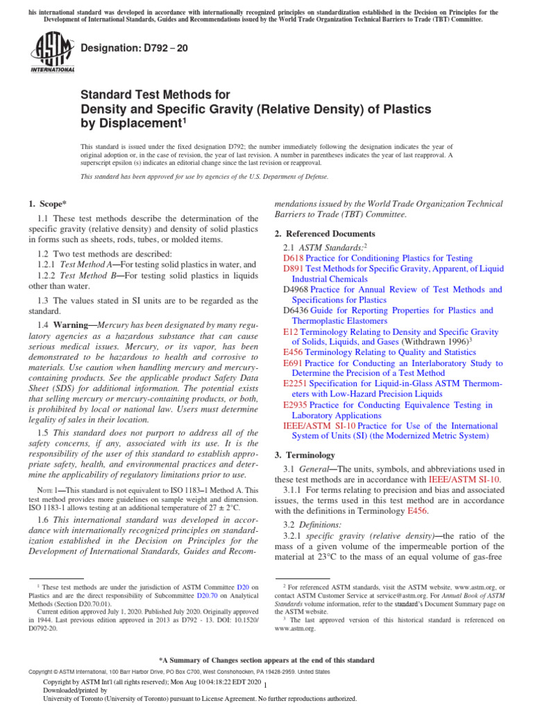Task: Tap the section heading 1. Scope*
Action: [x=48, y=203]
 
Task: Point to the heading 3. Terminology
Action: [x=305, y=455]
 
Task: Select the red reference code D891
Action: [x=294, y=268]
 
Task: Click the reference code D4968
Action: [x=296, y=289]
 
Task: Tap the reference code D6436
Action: [x=296, y=311]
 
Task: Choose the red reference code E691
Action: [x=293, y=363]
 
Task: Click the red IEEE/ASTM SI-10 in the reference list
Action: [x=319, y=426]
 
